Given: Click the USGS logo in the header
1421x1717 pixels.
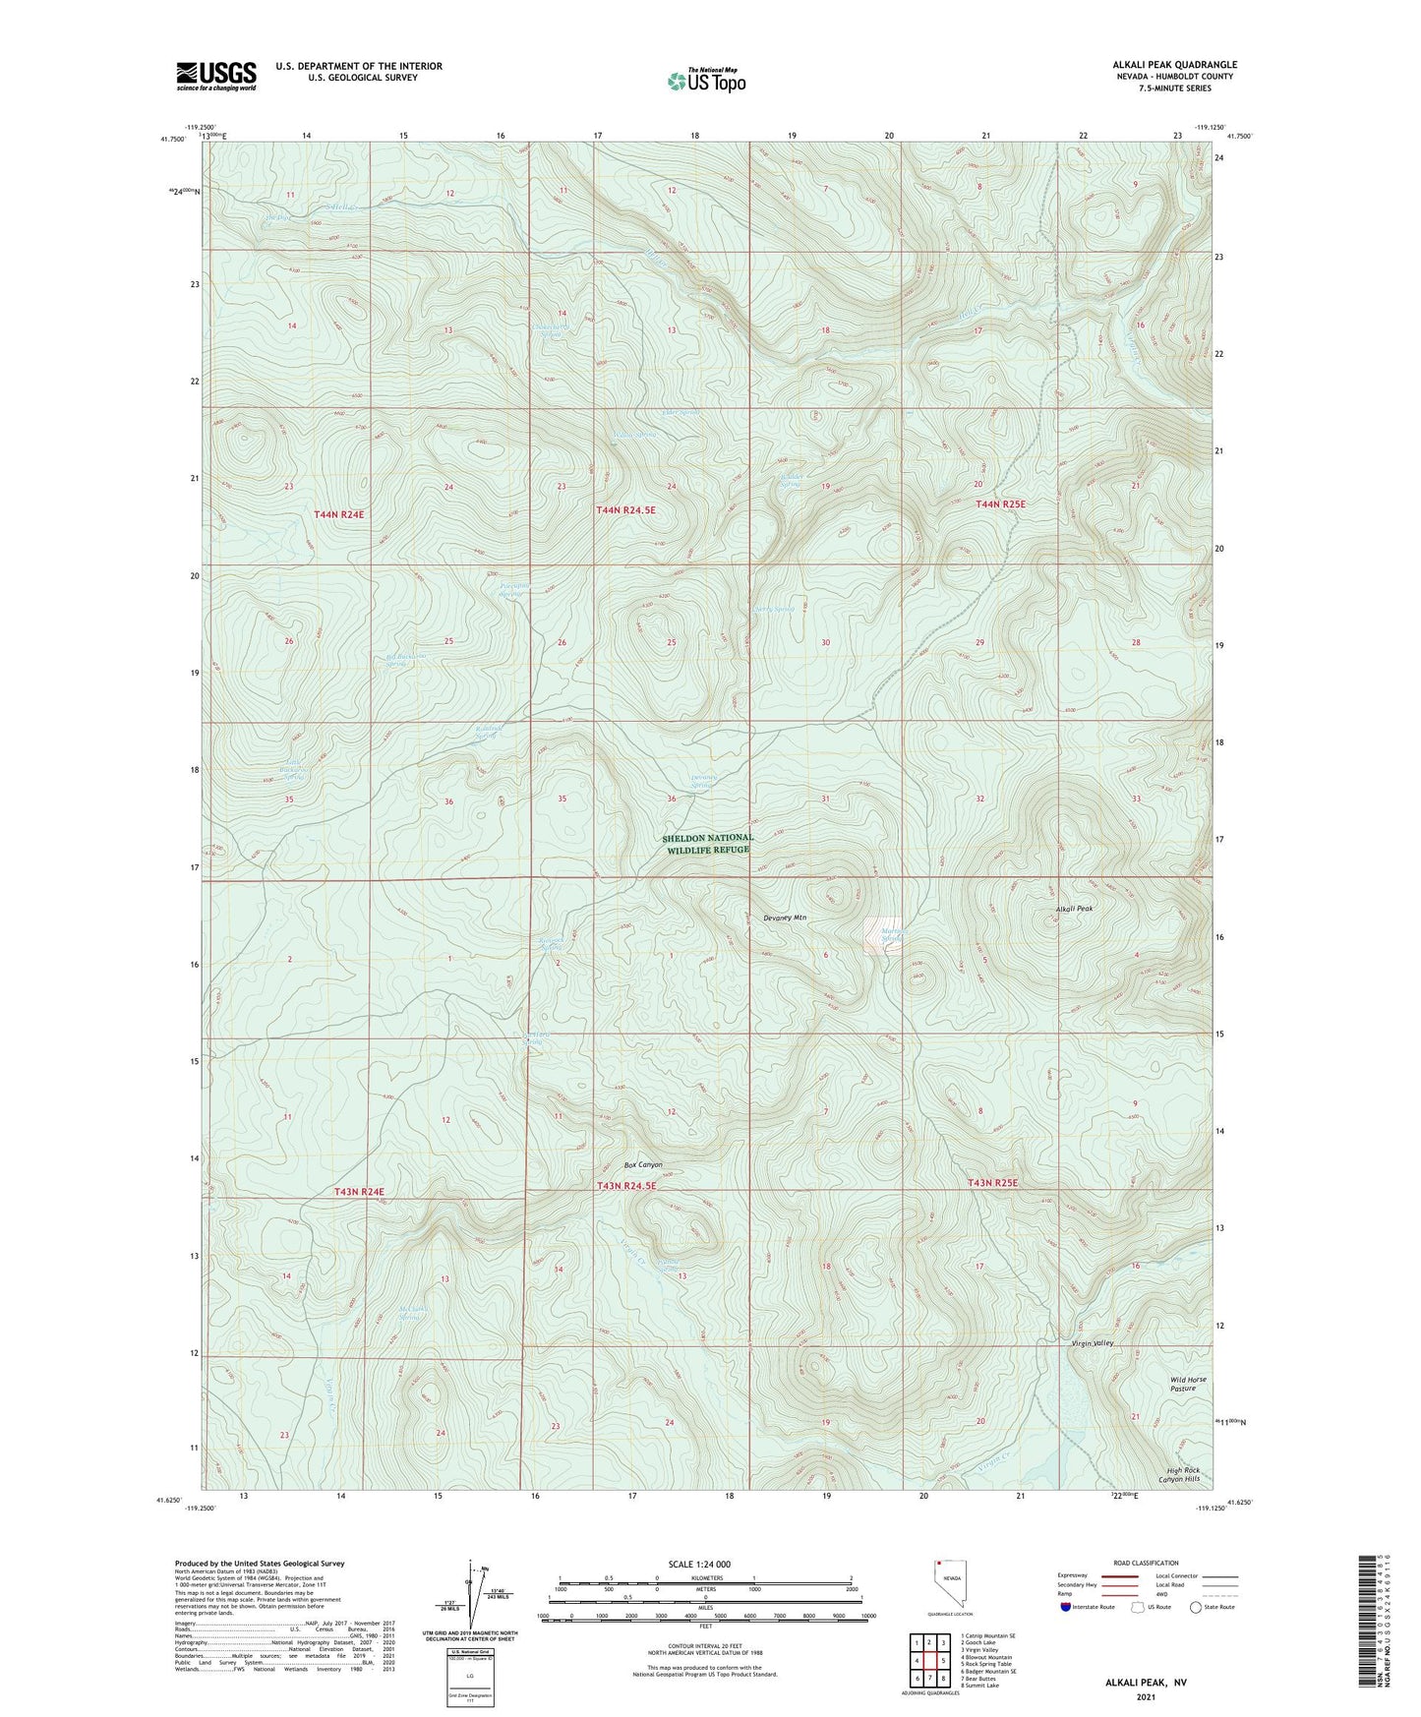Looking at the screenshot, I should (x=216, y=75).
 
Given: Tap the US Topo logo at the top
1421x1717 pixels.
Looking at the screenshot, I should (x=706, y=81).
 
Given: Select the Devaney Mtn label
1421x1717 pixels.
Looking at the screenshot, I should (x=784, y=918).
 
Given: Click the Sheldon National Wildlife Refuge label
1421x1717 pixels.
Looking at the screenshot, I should (x=708, y=844).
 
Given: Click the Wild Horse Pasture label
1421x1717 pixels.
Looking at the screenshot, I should (x=1189, y=1384).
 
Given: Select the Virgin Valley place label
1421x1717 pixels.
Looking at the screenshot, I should (x=1092, y=1342).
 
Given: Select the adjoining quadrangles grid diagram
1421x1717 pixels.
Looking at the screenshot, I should (x=929, y=1662).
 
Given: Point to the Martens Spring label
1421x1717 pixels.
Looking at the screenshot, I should (x=892, y=935).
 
